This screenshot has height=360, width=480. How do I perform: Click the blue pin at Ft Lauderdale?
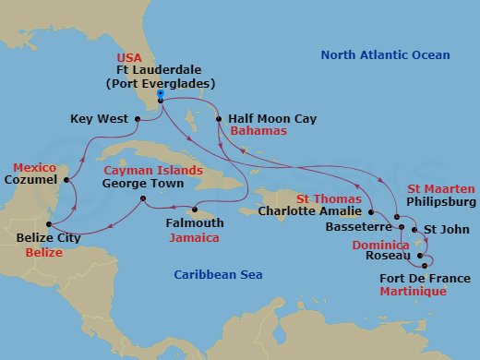point(161,95)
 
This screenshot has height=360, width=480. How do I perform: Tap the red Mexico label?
point(34,168)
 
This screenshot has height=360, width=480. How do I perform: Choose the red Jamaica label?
point(194,237)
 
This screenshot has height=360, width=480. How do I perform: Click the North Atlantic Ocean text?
point(385,55)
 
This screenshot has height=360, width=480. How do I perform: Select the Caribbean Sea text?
point(219,274)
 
